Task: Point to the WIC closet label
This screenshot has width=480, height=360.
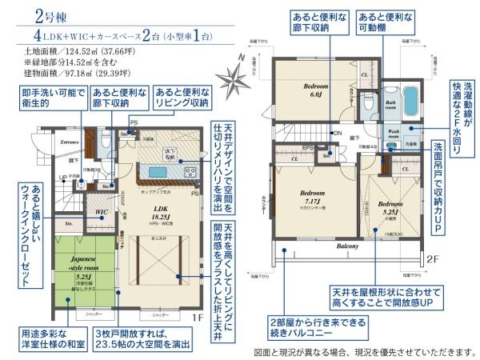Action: (102, 212)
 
